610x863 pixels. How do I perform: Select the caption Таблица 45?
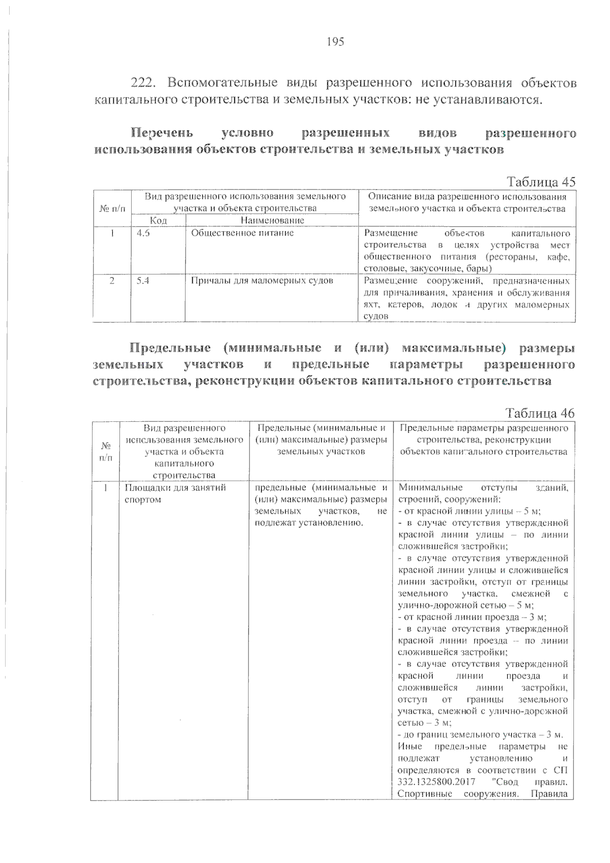pos(541,181)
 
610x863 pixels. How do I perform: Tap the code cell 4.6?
pos(143,233)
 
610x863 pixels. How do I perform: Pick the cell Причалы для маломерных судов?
pos(262,280)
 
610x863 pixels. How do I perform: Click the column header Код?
pos(158,221)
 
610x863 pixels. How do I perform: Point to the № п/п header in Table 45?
pos(112,208)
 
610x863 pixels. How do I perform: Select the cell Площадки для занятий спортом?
pos(175,494)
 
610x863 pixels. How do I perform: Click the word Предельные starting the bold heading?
pos(170,348)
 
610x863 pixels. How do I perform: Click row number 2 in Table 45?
pos(112,280)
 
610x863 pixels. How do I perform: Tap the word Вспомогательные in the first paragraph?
pos(222,83)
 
